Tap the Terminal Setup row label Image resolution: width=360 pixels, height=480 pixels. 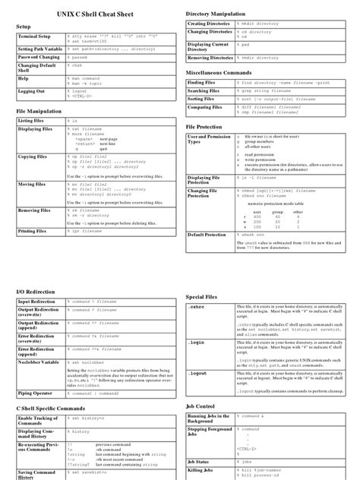[34, 36]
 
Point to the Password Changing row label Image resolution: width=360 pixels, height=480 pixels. [39, 57]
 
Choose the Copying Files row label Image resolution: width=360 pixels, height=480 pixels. [33, 156]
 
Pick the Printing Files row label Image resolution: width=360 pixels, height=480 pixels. [34, 231]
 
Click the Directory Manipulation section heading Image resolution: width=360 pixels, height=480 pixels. [226, 14]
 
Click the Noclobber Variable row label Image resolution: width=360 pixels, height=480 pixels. [38, 362]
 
